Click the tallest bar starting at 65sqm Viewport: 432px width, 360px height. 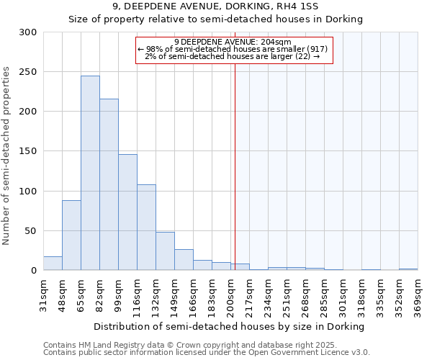pos(90,173)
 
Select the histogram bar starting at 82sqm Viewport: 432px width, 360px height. pos(109,184)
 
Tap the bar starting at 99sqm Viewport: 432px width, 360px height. pos(127,212)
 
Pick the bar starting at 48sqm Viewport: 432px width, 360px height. pos(71,235)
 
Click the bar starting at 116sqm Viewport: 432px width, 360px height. pos(146,228)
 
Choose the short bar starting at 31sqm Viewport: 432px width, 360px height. pos(53,264)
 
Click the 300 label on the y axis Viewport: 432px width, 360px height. pos(28,32)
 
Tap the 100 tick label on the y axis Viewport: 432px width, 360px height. pos(28,192)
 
